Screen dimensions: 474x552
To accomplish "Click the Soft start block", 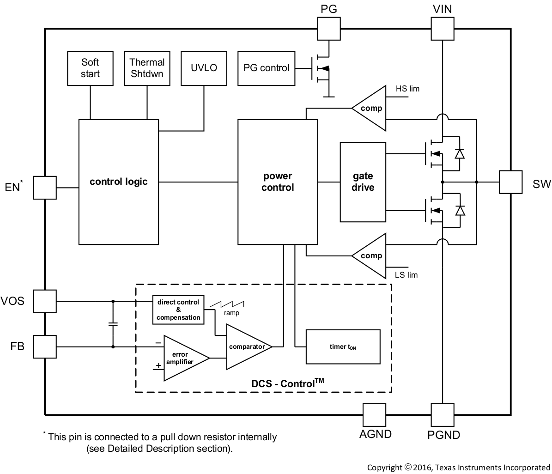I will (90, 68).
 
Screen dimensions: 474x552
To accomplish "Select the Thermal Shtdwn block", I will (147, 68).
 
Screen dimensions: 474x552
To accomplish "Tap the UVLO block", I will (204, 68).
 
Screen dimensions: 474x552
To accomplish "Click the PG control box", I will (266, 68).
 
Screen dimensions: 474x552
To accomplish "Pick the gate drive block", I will (363, 182).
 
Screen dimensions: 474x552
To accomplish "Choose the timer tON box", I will (343, 346).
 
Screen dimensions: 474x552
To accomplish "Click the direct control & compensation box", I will (178, 310).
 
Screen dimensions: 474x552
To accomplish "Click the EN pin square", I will (45, 187).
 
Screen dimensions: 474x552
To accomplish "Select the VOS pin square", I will (45, 301).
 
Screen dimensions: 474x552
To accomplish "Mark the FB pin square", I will (45, 346).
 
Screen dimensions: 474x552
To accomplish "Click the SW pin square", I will (510, 182).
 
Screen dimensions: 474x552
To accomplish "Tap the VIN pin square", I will (442, 29).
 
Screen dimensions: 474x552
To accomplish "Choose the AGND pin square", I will (375, 414).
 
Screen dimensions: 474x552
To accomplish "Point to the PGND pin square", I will (442, 414).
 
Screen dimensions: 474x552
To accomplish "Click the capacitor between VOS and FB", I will (113, 324).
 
